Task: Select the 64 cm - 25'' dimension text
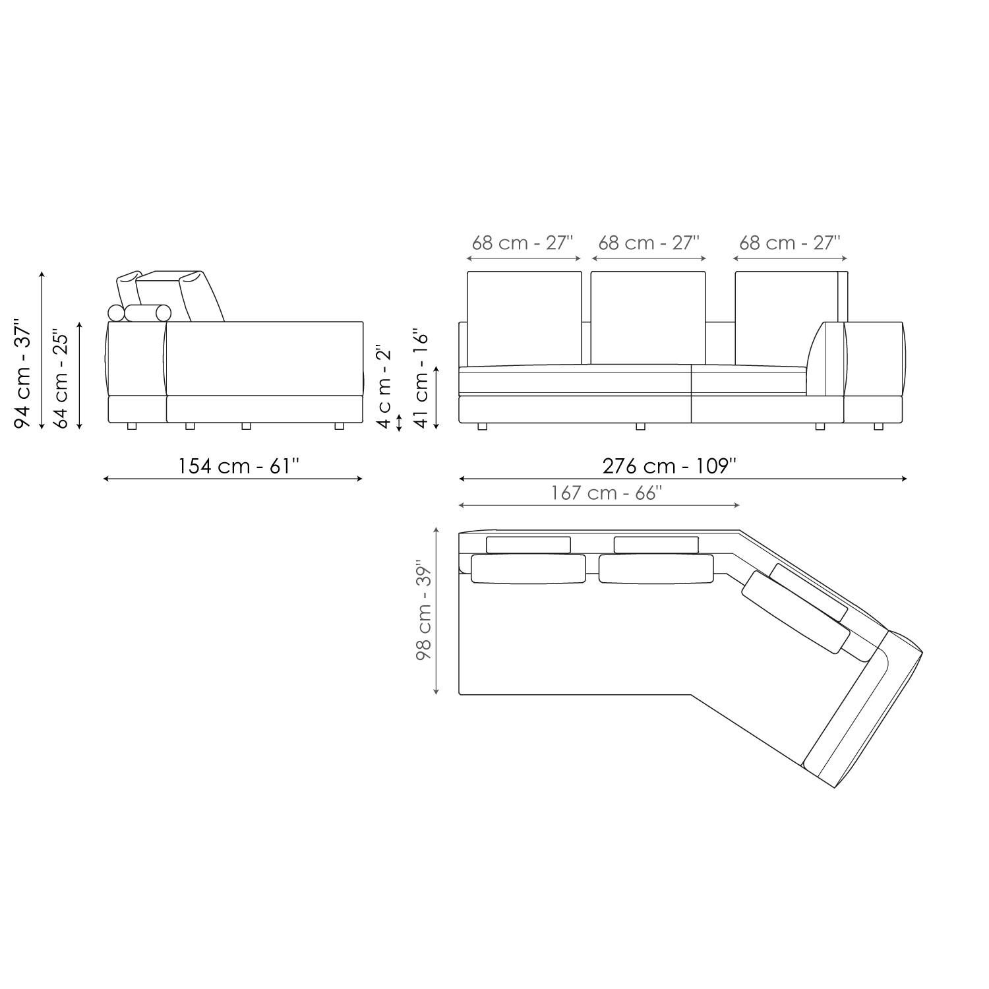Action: click(x=61, y=378)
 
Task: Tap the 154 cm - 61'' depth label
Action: click(x=239, y=466)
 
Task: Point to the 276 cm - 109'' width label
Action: click(x=669, y=466)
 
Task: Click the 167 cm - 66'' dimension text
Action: click(x=607, y=493)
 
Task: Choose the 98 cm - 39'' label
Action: click(x=423, y=611)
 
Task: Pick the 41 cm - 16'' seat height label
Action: click(x=422, y=378)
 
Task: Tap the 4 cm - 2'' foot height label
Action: click(x=384, y=385)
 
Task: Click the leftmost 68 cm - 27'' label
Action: click(x=523, y=243)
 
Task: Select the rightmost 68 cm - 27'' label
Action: click(x=790, y=243)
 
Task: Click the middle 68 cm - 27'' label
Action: click(x=649, y=243)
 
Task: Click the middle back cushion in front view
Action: click(x=648, y=317)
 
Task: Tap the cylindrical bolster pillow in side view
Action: click(x=148, y=313)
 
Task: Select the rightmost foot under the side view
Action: click(x=339, y=427)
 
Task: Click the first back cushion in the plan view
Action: click(x=528, y=568)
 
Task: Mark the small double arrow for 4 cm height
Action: click(x=399, y=423)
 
